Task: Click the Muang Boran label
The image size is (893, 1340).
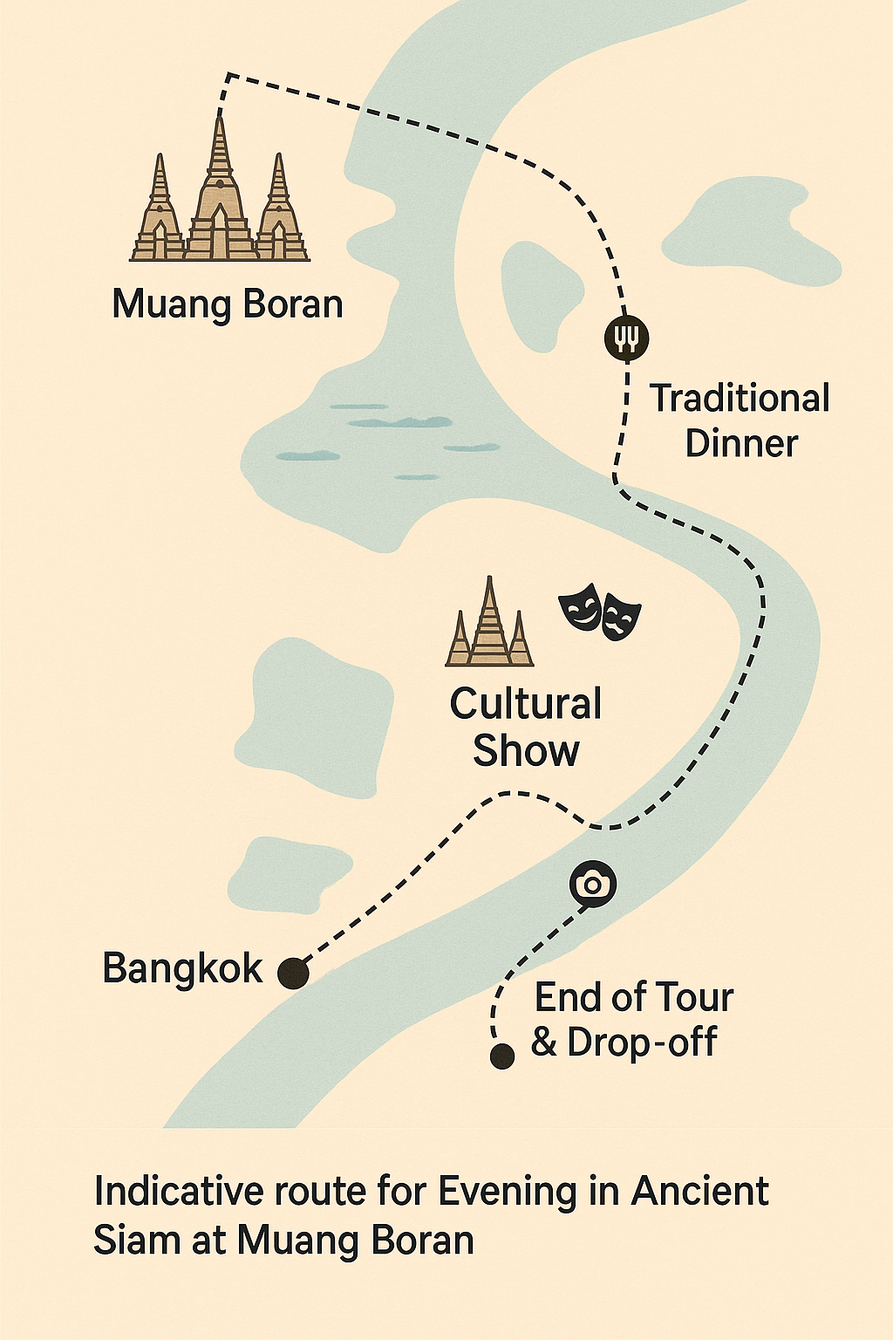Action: (x=228, y=304)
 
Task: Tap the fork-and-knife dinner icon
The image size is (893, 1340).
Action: (x=626, y=337)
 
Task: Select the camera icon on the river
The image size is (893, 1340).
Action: (x=593, y=884)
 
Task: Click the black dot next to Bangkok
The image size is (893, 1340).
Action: (x=293, y=972)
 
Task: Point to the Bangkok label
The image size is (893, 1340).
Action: (x=182, y=968)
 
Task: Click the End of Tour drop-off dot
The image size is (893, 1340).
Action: (x=501, y=1056)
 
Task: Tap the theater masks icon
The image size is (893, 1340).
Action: (x=600, y=612)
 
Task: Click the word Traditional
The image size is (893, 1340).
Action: (x=740, y=399)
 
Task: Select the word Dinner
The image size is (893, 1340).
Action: (x=741, y=443)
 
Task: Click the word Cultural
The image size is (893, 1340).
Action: (x=526, y=704)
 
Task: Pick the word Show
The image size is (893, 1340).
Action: (x=526, y=750)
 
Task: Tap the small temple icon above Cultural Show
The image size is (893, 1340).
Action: (x=489, y=624)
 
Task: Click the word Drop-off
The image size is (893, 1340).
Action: (x=642, y=1043)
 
